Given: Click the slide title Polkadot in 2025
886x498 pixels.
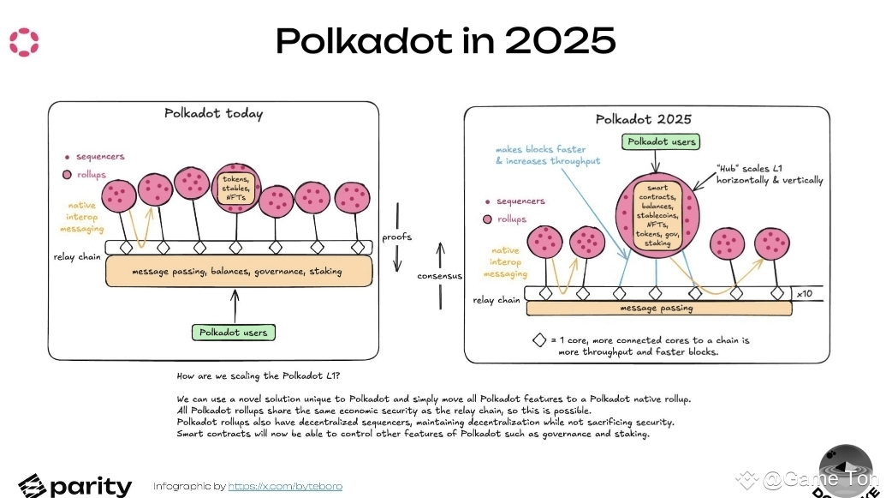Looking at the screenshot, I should click(x=445, y=41).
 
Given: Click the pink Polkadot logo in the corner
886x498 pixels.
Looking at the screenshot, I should click(x=23, y=42).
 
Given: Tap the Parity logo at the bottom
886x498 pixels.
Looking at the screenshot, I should click(x=75, y=485).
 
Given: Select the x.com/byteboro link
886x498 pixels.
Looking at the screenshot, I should click(x=285, y=486).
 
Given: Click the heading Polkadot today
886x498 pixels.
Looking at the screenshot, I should click(x=213, y=114).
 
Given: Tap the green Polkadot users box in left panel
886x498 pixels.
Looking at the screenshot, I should click(x=233, y=332).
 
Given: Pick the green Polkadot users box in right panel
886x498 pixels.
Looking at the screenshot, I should click(x=662, y=141).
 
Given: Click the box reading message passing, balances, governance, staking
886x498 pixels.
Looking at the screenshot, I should click(x=237, y=271).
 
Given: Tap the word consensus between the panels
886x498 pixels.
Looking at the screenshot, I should click(x=441, y=276).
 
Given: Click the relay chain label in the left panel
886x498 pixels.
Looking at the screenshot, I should click(x=77, y=255).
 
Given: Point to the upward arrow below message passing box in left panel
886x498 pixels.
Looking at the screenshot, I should click(x=233, y=303).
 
